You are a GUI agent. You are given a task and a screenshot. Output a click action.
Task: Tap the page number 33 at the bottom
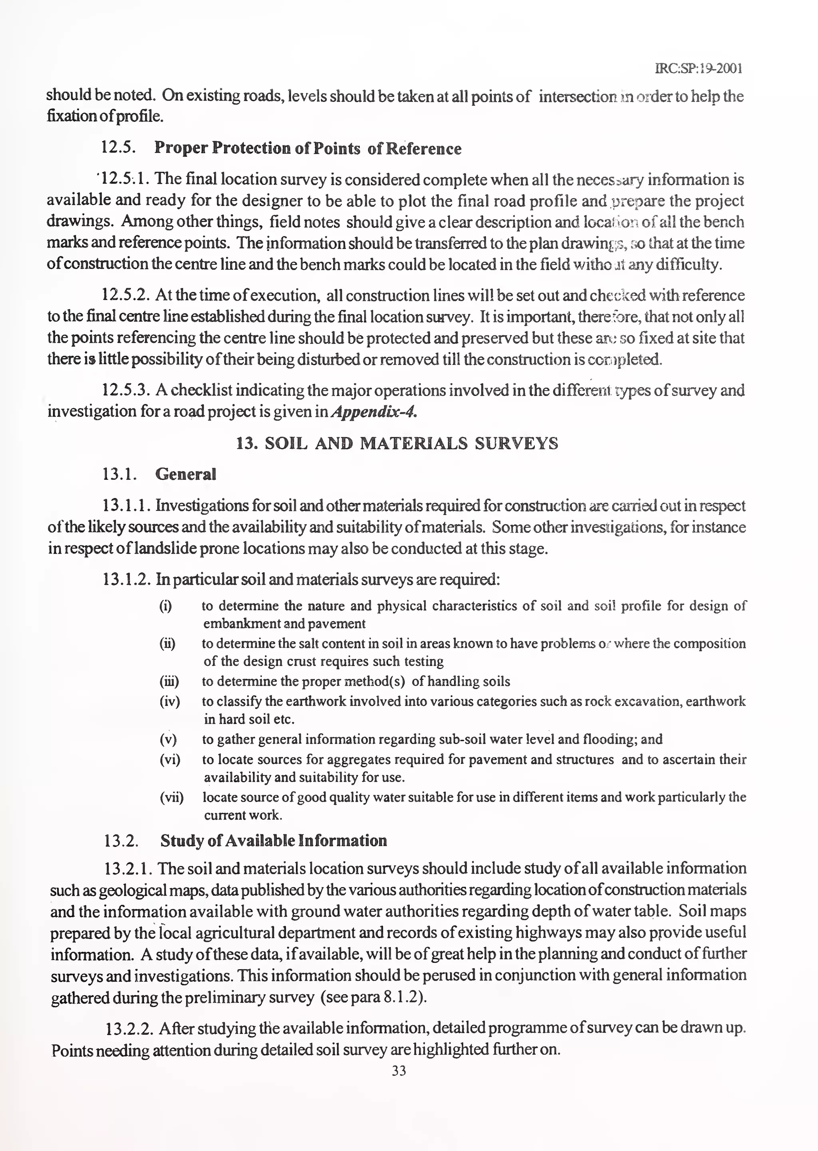399,1071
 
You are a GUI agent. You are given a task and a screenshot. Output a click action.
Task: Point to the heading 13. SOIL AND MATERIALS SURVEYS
397,443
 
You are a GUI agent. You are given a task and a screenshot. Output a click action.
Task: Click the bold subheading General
185,474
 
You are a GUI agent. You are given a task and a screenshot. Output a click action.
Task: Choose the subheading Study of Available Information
274,841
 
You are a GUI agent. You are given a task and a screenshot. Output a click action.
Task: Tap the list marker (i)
165,606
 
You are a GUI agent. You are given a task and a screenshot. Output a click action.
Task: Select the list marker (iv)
170,701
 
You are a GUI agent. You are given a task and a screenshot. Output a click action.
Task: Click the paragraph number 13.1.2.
127,580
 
